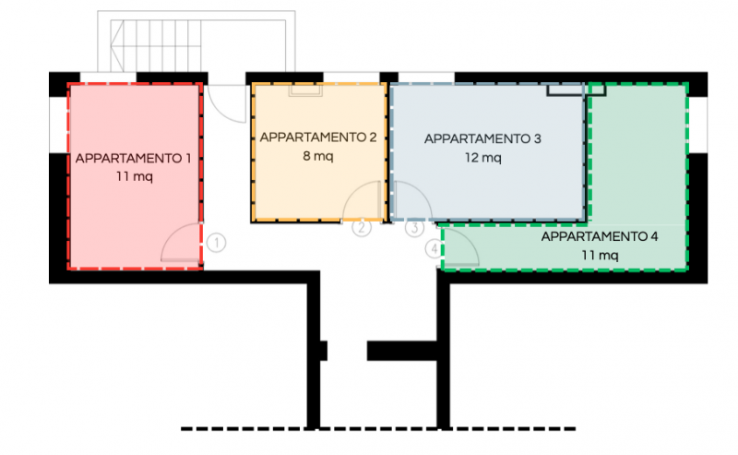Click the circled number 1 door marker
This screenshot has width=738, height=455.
(216, 243)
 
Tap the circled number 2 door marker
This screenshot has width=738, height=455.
(362, 227)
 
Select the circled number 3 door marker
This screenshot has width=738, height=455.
(414, 228)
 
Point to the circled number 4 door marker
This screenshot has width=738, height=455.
(434, 248)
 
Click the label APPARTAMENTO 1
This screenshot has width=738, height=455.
(133, 158)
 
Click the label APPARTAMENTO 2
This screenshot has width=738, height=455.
(318, 138)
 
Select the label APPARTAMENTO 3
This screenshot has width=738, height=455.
(482, 139)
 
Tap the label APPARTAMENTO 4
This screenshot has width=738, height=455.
(599, 236)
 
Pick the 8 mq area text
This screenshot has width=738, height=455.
(318, 156)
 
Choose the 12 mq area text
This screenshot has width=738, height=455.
(482, 157)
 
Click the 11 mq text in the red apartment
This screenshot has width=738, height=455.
(135, 176)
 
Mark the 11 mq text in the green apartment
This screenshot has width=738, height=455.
(600, 256)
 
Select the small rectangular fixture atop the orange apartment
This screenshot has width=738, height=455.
(305, 90)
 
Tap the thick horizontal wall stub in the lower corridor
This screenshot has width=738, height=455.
(402, 351)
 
